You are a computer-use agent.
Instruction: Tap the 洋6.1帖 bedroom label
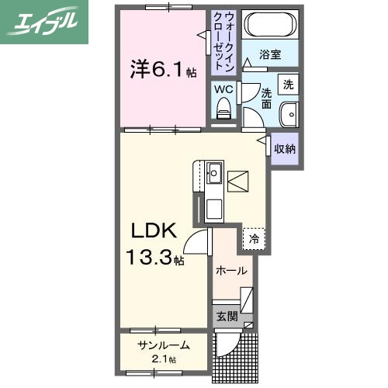pyautogui.click(x=162, y=71)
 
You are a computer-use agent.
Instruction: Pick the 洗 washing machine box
pyautogui.click(x=288, y=83)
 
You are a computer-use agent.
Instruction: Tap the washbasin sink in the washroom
pyautogui.click(x=289, y=112)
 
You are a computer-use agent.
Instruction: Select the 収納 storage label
pyautogui.click(x=284, y=148)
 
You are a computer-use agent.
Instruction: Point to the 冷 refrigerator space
pyautogui.click(x=254, y=240)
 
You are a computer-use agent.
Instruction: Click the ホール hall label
pyautogui.click(x=232, y=271)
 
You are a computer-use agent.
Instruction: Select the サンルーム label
pyautogui.click(x=163, y=345)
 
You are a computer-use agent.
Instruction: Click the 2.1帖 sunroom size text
pyautogui.click(x=163, y=359)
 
